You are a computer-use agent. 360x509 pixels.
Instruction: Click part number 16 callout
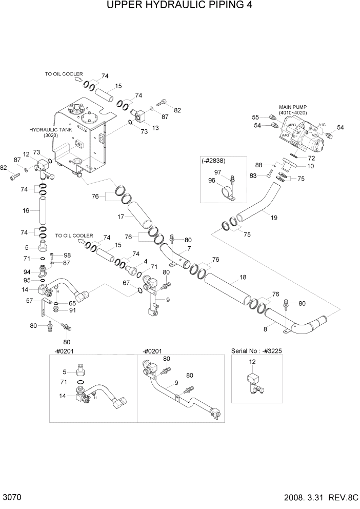click(x=26, y=211)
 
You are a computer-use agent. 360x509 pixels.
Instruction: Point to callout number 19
click(x=274, y=218)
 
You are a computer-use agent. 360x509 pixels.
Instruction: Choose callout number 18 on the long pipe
click(x=243, y=277)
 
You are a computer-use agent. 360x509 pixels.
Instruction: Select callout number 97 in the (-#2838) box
click(x=217, y=171)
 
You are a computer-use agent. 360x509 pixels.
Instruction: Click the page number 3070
click(x=11, y=498)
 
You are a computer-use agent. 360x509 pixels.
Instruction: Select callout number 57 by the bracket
click(x=30, y=301)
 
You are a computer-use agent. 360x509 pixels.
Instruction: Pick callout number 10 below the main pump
click(x=311, y=166)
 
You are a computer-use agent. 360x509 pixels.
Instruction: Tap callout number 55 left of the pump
click(x=255, y=117)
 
